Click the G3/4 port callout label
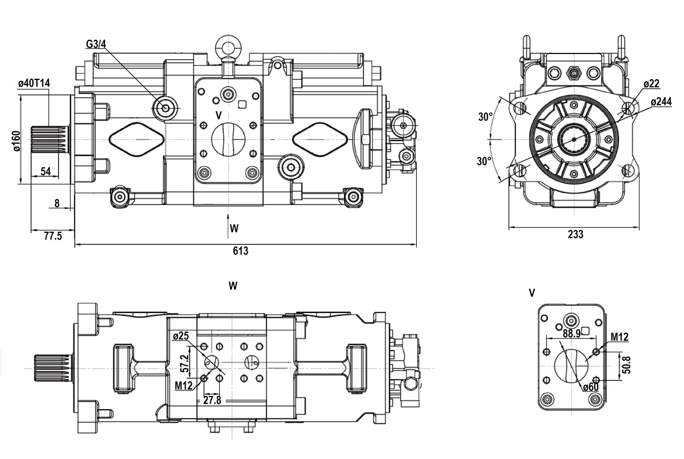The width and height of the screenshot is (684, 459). point(96,44)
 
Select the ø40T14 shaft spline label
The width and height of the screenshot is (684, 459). point(34,83)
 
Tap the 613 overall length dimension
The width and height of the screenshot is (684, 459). point(240,251)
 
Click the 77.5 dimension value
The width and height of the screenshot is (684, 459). point(53,236)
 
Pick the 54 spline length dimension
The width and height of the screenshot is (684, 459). point(46,171)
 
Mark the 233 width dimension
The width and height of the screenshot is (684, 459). point(575,234)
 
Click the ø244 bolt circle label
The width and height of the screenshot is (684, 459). point(661,102)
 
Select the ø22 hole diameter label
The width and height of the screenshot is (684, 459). point(651,84)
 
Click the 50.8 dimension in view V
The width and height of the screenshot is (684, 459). point(627,365)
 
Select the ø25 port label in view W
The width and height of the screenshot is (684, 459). point(181,336)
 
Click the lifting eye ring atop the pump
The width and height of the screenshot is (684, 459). point(228,46)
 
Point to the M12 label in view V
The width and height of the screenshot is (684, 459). point(619,337)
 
